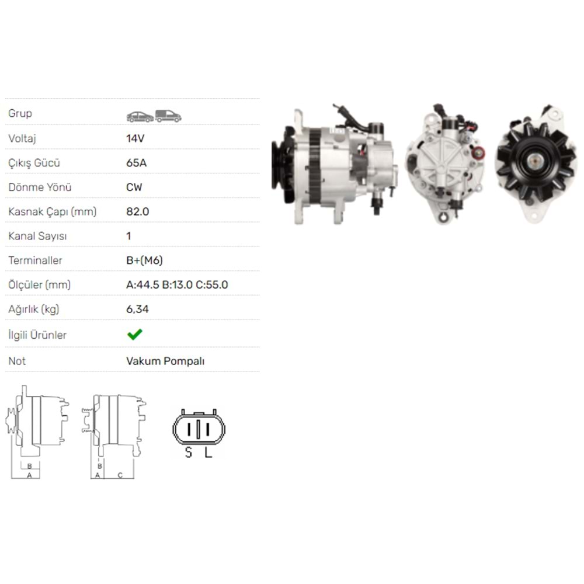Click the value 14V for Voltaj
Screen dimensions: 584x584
point(135,138)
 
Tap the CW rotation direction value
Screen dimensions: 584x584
point(134,187)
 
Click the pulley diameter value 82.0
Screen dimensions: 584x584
point(137,211)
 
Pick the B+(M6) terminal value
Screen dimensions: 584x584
point(144,260)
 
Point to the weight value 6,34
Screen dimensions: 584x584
point(137,309)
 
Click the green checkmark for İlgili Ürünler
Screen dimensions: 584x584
point(134,335)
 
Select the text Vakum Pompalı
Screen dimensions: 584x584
point(165,361)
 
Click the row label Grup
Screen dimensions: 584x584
point(20,113)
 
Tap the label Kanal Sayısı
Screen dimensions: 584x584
point(37,236)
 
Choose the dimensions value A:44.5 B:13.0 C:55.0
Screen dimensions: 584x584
point(177,285)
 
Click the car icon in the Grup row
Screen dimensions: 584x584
point(140,117)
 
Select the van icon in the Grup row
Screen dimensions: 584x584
point(168,116)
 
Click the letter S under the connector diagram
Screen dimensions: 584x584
point(188,453)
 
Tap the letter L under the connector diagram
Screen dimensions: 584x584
point(208,453)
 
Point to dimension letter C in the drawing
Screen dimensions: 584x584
point(120,475)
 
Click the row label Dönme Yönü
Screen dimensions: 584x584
point(40,187)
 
